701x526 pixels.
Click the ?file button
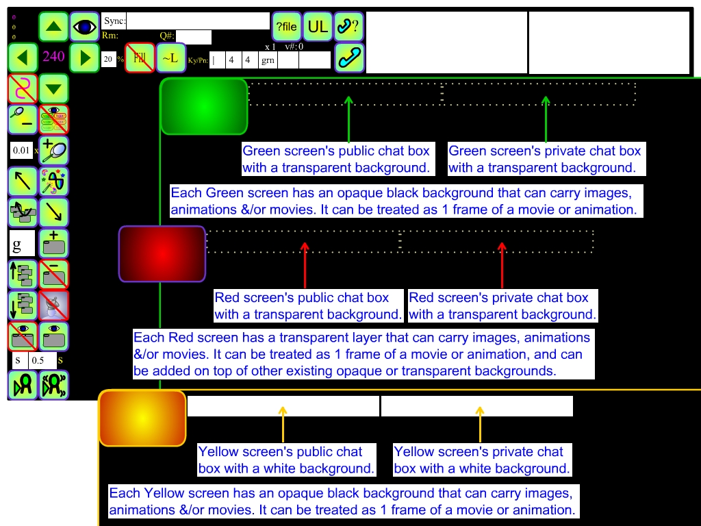click(x=286, y=27)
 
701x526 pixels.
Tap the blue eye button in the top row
click(x=85, y=27)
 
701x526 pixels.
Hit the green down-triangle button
click(x=53, y=89)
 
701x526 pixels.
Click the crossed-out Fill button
click(x=140, y=58)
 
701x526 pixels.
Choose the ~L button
click(x=170, y=58)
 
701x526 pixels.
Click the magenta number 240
click(x=53, y=57)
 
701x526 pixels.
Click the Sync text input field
click(x=198, y=21)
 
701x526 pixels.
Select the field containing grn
click(x=268, y=60)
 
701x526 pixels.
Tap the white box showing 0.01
click(x=22, y=150)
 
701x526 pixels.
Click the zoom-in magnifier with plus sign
click(x=53, y=150)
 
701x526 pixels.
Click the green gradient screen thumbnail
click(x=203, y=106)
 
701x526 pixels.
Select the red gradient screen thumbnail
click(x=162, y=254)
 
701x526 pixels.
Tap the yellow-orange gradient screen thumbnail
click(x=142, y=418)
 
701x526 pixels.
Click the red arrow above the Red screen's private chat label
click(x=502, y=265)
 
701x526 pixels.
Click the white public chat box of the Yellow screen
click(x=283, y=405)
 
